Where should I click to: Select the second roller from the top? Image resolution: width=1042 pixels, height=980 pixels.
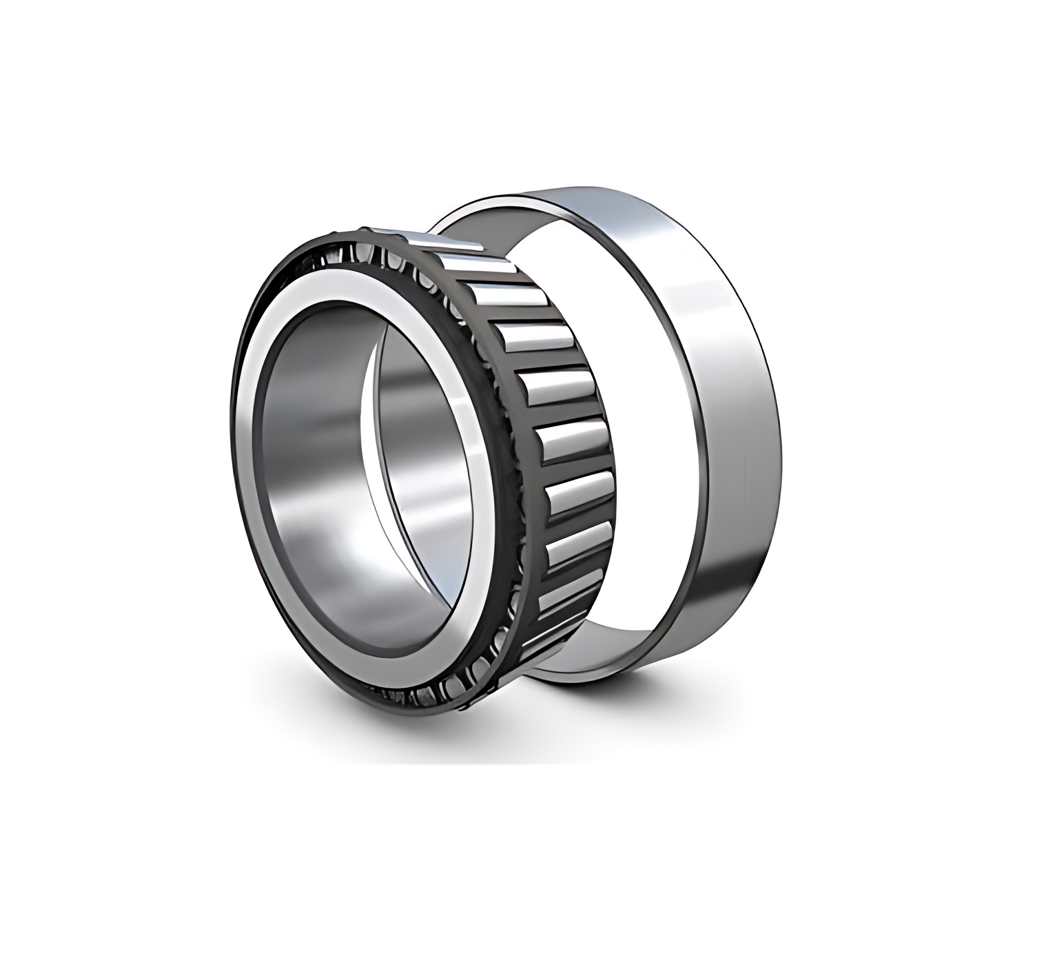coord(492,273)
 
